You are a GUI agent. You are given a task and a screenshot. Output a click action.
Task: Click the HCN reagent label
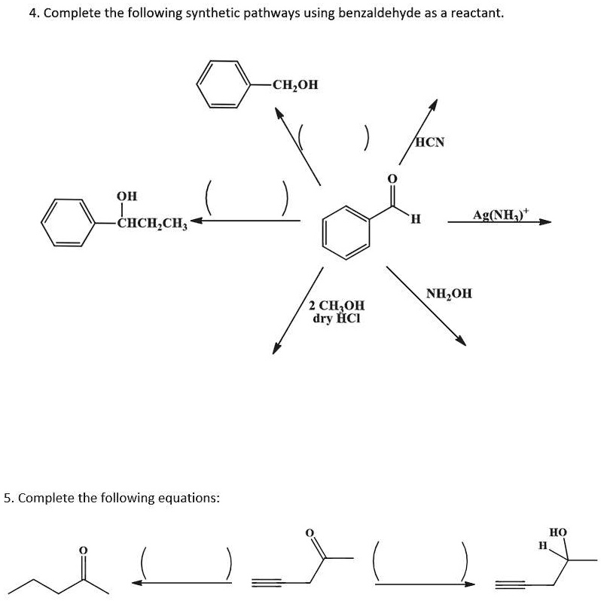tap(430, 142)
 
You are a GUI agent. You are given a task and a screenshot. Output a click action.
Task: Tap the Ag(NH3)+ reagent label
tap(502, 214)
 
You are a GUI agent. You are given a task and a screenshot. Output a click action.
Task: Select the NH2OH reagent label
tap(449, 294)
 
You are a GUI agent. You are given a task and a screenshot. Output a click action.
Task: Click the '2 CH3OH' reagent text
tap(337, 306)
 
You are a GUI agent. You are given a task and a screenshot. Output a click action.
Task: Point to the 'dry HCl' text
tap(337, 318)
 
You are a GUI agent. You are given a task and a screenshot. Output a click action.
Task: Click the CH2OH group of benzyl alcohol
tap(294, 84)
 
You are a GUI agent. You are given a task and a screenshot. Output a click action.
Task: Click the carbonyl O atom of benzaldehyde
tap(391, 178)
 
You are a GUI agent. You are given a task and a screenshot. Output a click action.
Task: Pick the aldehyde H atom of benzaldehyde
tap(415, 220)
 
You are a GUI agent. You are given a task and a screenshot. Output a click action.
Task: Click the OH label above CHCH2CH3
tap(127, 197)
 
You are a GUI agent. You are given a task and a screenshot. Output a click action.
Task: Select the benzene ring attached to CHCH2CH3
tap(67, 223)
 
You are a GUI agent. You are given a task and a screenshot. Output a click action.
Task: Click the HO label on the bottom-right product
tap(557, 532)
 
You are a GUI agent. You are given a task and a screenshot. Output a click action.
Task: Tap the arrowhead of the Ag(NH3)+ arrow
tap(547, 222)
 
